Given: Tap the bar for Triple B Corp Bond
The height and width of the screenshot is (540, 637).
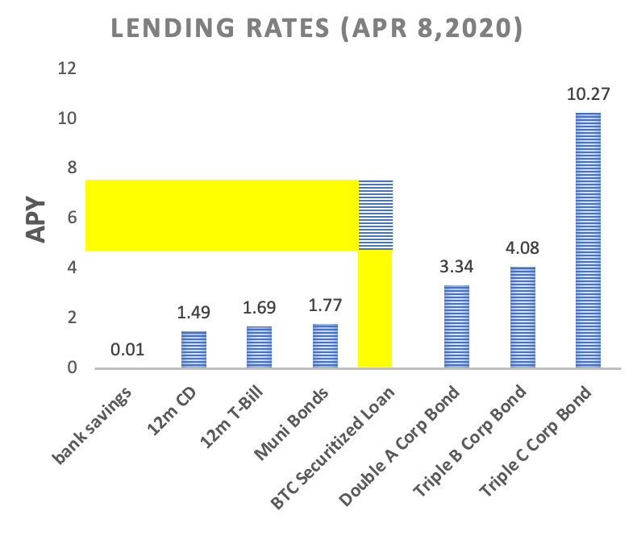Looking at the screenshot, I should [x=522, y=318].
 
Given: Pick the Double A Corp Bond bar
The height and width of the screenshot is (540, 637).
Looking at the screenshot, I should [x=456, y=326].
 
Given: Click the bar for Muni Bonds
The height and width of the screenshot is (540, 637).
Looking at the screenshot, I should [x=325, y=346].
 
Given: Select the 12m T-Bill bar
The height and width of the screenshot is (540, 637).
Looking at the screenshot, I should [x=260, y=347].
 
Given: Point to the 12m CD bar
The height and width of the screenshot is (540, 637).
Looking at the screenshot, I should [x=194, y=350].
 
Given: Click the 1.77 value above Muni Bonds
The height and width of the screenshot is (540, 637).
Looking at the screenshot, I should [x=325, y=307].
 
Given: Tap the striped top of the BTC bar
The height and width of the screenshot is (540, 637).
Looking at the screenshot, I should [x=375, y=215].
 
